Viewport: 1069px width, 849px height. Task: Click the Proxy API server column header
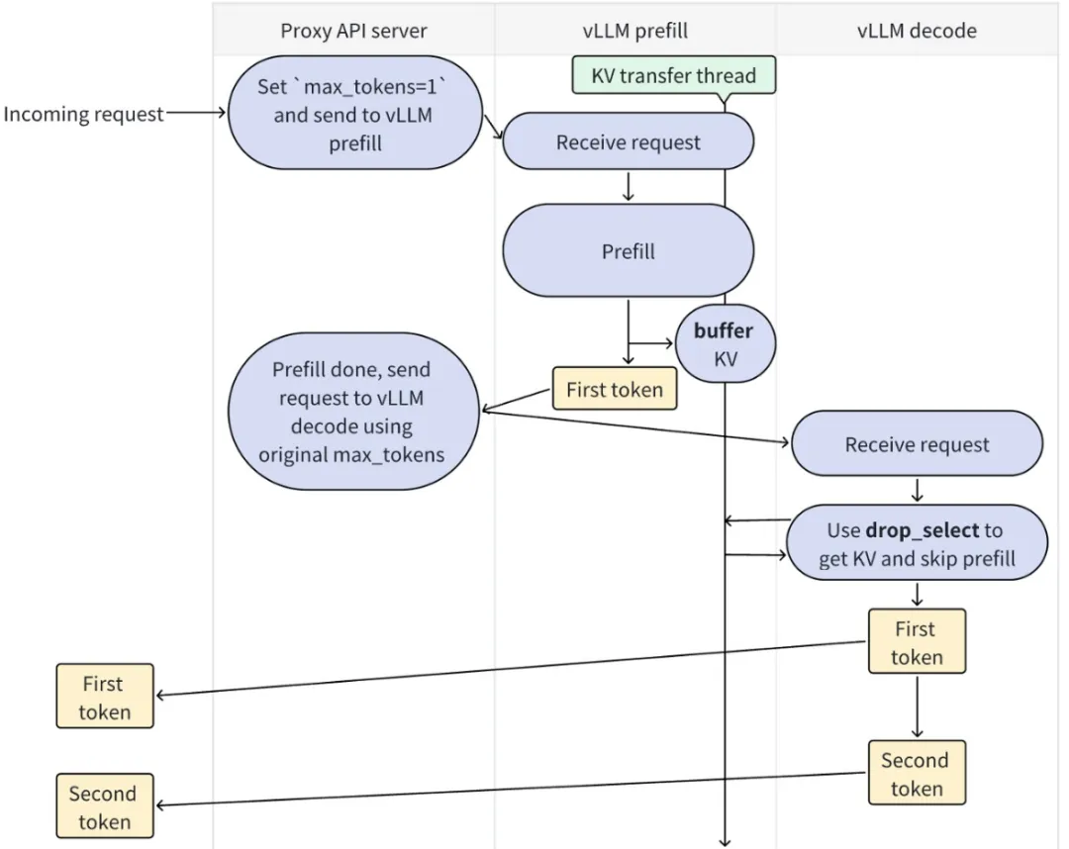click(x=353, y=31)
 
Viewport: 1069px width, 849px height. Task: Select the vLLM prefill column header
click(x=634, y=31)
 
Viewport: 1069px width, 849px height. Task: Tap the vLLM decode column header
click(x=917, y=31)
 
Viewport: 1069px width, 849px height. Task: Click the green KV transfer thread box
click(x=673, y=76)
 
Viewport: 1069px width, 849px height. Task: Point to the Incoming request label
click(x=83, y=114)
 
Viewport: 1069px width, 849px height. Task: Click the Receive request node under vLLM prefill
click(x=628, y=142)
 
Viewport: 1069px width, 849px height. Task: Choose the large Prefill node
click(x=628, y=251)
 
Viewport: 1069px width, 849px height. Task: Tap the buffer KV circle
click(x=726, y=344)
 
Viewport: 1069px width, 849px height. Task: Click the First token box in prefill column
click(x=614, y=390)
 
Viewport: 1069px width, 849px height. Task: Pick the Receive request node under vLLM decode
click(x=917, y=445)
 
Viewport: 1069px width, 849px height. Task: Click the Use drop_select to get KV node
click(x=917, y=544)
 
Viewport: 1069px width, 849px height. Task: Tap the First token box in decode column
click(x=916, y=642)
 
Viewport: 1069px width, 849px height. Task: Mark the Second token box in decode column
click(x=916, y=774)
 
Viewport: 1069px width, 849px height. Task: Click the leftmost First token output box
click(x=104, y=697)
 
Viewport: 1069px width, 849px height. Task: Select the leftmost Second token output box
click(x=104, y=806)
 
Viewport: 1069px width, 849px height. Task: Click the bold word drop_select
click(x=922, y=530)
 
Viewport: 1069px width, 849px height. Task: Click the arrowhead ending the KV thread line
click(x=725, y=842)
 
